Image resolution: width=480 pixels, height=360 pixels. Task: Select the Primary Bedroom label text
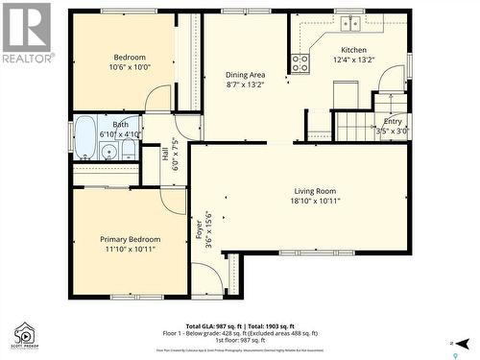tap(131, 239)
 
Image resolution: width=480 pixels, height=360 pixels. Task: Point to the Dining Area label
tap(245, 75)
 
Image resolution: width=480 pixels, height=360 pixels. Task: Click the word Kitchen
tap(353, 51)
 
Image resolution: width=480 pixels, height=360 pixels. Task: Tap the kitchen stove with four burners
tap(300, 63)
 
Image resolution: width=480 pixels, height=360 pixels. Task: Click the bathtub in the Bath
tap(84, 136)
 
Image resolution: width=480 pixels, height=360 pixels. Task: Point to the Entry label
tap(394, 121)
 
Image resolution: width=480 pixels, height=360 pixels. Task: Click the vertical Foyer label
tap(200, 230)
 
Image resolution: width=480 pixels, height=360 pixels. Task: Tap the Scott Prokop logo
tap(25, 336)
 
